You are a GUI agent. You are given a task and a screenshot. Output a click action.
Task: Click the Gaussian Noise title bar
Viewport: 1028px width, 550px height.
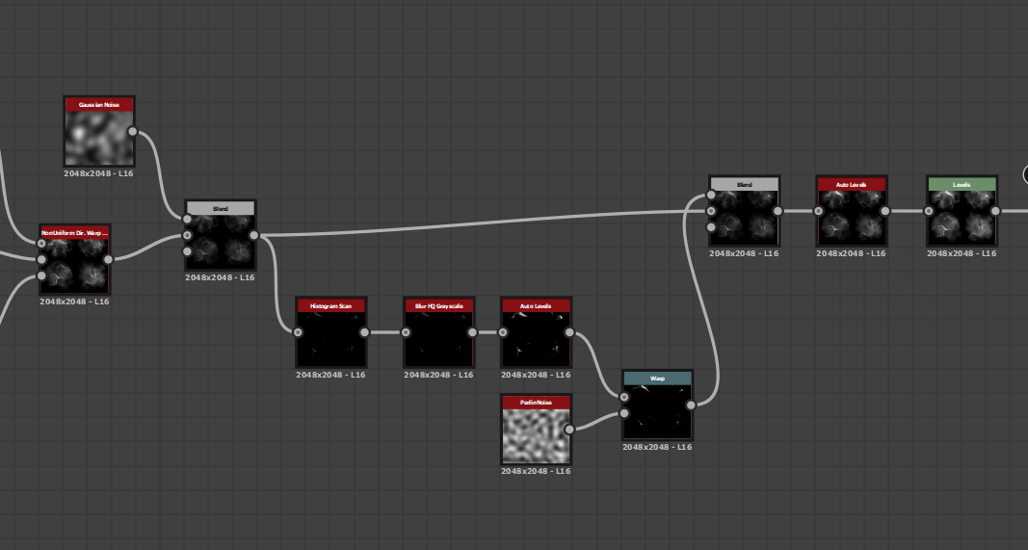pyautogui.click(x=98, y=104)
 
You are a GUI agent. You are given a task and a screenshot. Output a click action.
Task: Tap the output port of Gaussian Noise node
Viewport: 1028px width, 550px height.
pyautogui.click(x=132, y=132)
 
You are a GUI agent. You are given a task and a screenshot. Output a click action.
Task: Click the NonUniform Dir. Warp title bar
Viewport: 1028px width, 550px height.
pyautogui.click(x=74, y=232)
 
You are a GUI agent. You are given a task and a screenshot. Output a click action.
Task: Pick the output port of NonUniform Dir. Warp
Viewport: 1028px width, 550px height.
pyautogui.click(x=108, y=258)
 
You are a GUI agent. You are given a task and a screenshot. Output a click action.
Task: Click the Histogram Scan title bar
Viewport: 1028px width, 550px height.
pyautogui.click(x=331, y=305)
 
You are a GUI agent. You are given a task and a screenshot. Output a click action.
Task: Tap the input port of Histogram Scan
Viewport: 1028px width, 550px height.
pyautogui.click(x=298, y=332)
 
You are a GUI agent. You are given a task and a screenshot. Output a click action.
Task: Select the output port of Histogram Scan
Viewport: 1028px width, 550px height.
pyautogui.click(x=364, y=332)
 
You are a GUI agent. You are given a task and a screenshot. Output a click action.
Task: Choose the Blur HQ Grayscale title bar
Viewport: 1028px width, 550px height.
pyautogui.click(x=438, y=305)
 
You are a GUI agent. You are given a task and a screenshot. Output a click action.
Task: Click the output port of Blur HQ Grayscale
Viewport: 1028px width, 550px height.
pyautogui.click(x=472, y=332)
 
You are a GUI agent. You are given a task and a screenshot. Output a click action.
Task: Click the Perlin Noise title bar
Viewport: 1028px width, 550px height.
pyautogui.click(x=536, y=401)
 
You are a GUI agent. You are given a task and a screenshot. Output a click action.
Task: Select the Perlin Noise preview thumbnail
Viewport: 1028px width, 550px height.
pyautogui.click(x=536, y=435)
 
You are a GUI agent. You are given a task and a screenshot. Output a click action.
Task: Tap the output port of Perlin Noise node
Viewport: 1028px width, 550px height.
pyautogui.click(x=569, y=429)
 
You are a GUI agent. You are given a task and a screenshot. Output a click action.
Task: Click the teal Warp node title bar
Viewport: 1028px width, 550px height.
pyautogui.click(x=657, y=379)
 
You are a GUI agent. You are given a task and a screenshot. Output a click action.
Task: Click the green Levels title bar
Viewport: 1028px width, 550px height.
pyautogui.click(x=961, y=183)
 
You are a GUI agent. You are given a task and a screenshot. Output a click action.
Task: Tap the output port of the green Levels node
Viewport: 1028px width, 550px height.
pyautogui.click(x=995, y=211)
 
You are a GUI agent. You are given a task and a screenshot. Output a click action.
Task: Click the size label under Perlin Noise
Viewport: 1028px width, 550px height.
pyautogui.click(x=536, y=471)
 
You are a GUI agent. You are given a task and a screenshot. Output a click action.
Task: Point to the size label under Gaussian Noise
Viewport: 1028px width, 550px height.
pyautogui.click(x=98, y=173)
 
